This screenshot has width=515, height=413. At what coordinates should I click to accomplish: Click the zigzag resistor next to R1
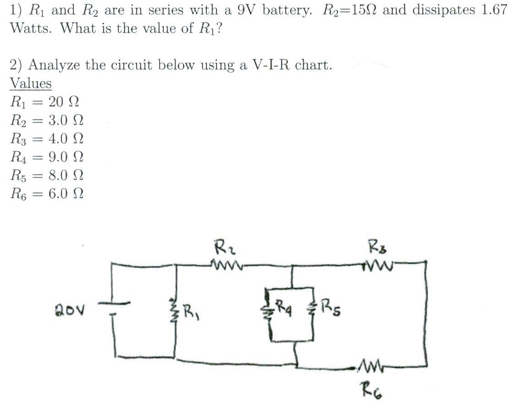coord(174,311)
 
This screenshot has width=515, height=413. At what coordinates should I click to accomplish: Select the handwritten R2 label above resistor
coord(222,250)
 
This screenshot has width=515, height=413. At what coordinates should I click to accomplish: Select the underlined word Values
coord(31,84)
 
